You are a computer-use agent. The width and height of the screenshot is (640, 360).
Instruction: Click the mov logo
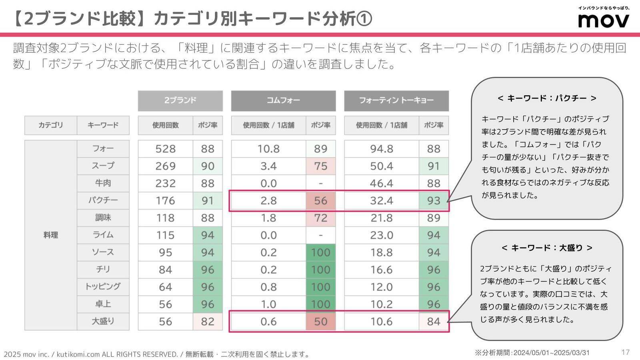604,20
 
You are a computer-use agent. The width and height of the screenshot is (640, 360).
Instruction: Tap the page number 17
626,352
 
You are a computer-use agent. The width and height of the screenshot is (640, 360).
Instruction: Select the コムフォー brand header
283,100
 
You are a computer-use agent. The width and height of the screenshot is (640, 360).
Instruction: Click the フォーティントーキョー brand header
396,100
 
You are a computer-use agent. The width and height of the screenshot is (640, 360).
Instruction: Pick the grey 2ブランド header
180,100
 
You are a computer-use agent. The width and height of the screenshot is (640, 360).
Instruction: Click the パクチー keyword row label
103,200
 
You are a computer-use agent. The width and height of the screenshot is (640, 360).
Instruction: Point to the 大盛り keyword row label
103,321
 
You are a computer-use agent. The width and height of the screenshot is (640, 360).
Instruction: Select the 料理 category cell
51,235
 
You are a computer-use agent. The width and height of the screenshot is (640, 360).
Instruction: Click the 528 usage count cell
165,149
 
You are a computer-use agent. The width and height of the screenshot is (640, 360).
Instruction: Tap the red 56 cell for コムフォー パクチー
321,200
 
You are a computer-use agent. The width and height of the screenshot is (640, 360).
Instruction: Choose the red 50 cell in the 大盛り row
321,321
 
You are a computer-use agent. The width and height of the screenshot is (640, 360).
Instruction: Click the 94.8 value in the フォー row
381,149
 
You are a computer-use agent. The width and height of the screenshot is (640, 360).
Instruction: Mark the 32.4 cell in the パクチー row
381,200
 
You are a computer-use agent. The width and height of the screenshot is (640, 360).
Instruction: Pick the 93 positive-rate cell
434,200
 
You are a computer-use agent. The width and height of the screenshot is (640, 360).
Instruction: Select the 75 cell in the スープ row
321,166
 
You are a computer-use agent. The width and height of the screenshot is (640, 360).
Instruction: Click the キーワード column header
103,125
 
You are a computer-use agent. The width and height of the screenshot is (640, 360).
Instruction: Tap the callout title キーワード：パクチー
547,98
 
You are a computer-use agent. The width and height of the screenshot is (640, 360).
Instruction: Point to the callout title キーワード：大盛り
547,248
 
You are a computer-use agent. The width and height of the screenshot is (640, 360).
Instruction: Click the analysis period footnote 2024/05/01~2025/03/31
532,352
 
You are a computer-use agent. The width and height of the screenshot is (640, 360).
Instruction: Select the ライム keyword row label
103,235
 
